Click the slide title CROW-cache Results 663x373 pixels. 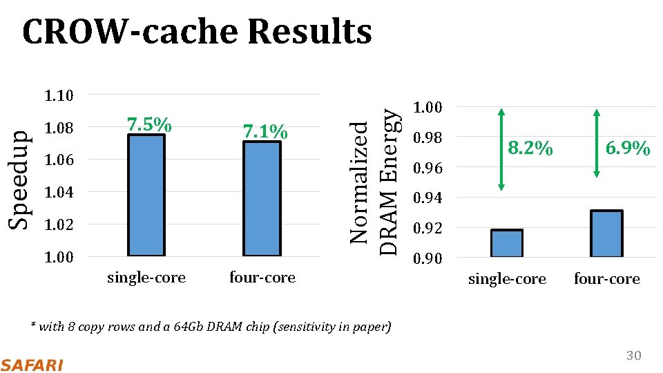(197, 32)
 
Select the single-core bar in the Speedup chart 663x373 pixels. (146, 195)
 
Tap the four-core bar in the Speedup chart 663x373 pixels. (262, 199)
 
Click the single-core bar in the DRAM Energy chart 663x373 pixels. (507, 243)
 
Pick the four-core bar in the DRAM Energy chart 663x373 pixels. (606, 233)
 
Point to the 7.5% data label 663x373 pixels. (148, 125)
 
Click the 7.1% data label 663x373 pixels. (265, 131)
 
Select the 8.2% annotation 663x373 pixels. (530, 149)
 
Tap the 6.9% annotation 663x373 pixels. (627, 149)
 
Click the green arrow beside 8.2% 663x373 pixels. (501, 149)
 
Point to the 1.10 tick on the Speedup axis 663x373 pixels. (59, 95)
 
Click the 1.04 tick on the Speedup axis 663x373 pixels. (59, 192)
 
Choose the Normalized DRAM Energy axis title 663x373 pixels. (374, 182)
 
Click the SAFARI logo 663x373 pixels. (32, 364)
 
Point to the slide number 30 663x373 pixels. (633, 356)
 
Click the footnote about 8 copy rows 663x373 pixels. (211, 326)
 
